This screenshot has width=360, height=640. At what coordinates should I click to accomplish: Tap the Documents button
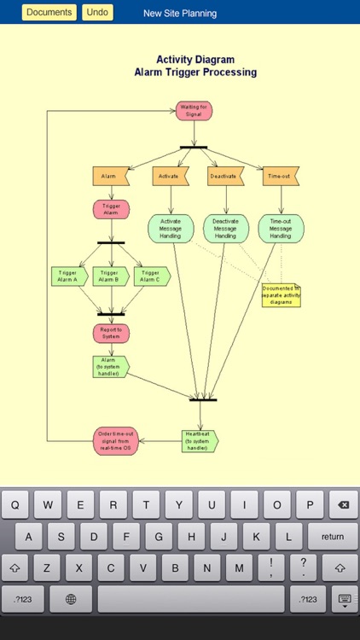click(x=49, y=13)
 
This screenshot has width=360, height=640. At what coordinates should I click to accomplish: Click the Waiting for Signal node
click(x=194, y=111)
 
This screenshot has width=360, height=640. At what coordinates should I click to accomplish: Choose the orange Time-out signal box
click(x=281, y=176)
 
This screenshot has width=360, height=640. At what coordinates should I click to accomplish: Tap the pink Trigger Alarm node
click(x=111, y=209)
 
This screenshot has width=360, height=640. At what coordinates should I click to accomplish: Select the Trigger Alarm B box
click(x=110, y=276)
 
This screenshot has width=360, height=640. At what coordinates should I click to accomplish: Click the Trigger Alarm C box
click(x=151, y=276)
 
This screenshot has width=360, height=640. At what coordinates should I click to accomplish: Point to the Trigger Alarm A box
click(x=69, y=276)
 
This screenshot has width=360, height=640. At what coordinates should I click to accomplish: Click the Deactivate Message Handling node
click(x=225, y=229)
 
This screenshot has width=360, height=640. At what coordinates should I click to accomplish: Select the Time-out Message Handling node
click(x=281, y=229)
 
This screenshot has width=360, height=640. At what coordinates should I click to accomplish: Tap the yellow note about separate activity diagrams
click(x=281, y=295)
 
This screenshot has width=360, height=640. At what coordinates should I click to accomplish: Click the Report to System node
click(x=111, y=333)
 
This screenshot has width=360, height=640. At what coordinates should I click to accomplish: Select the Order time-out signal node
click(x=115, y=441)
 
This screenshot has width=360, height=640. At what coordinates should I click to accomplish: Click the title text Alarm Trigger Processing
click(x=195, y=73)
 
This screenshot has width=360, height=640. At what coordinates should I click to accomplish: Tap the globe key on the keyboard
click(x=72, y=599)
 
